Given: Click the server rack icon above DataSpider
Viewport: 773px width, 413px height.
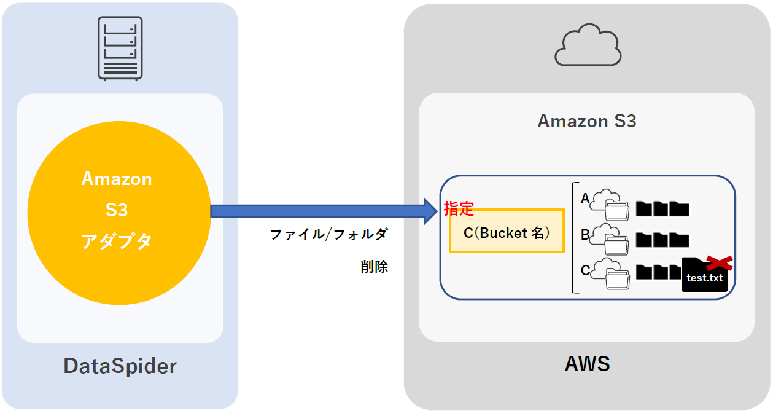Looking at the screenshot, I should coord(120,48).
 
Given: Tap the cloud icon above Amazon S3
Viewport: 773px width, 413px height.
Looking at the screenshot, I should coord(588,45).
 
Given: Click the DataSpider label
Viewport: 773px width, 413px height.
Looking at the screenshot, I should coord(120,366).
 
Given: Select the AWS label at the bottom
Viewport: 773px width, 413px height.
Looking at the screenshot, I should coord(587,364).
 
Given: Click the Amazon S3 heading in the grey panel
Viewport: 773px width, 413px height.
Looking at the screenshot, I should coord(587,121).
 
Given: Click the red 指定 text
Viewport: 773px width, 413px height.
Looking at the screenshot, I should coord(459,209).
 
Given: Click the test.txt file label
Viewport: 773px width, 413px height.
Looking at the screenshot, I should coord(705,278).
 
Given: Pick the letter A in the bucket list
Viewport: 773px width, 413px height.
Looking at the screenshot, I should coord(585,199).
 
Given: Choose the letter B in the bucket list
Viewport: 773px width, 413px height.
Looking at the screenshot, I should coord(585,234).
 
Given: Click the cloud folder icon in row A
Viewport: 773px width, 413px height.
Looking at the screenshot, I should coord(610,205).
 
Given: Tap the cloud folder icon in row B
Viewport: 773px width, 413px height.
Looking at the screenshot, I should coord(610,239).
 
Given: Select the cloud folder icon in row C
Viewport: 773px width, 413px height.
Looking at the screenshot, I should coord(610,273).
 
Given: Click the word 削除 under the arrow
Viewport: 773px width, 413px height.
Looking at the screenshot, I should coord(374,267).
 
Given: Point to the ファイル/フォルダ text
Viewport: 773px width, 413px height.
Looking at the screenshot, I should coord(329,234).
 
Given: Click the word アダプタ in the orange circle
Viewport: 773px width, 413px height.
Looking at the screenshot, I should coord(117,242).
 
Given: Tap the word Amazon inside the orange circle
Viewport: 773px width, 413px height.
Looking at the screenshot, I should coord(117,179).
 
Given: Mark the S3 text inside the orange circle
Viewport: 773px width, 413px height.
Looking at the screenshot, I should coord(117,210).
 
